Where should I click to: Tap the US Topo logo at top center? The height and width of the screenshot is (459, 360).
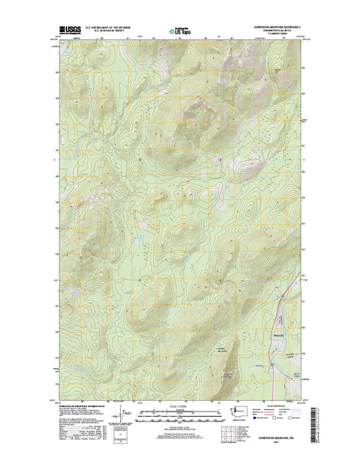[179, 33]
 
